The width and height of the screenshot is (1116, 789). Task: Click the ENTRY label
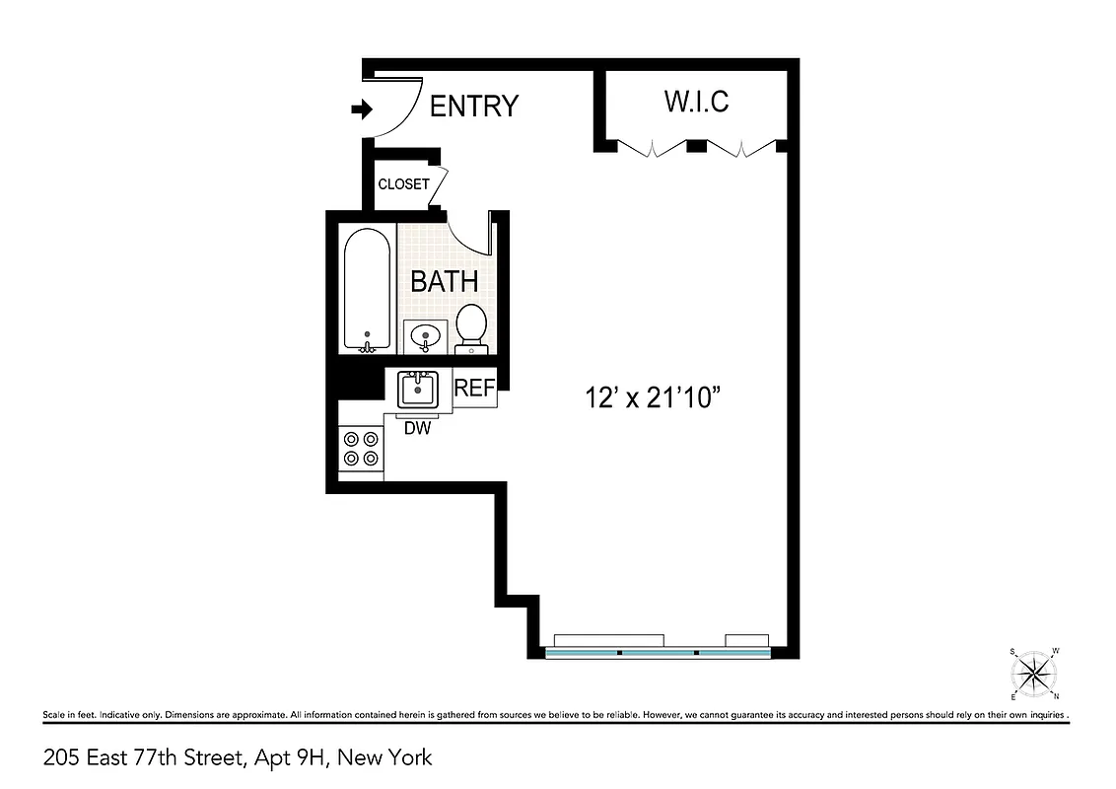[x=474, y=106]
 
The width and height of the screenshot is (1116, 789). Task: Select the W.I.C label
[x=696, y=101]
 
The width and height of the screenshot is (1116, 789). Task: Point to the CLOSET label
[x=404, y=184]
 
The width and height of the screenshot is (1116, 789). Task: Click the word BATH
[x=444, y=281]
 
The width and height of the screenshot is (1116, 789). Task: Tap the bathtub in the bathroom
[x=367, y=288]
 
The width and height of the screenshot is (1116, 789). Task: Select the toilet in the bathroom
[x=471, y=327]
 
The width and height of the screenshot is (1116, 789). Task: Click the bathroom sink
[x=426, y=335]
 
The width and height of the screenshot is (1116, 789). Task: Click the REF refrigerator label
[x=473, y=389]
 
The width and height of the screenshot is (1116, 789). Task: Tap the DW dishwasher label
[x=418, y=427]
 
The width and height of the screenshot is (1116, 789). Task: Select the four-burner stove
[x=360, y=450]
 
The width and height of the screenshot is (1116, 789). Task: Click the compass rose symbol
[x=1034, y=674]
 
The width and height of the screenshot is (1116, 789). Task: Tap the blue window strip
[x=658, y=653]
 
